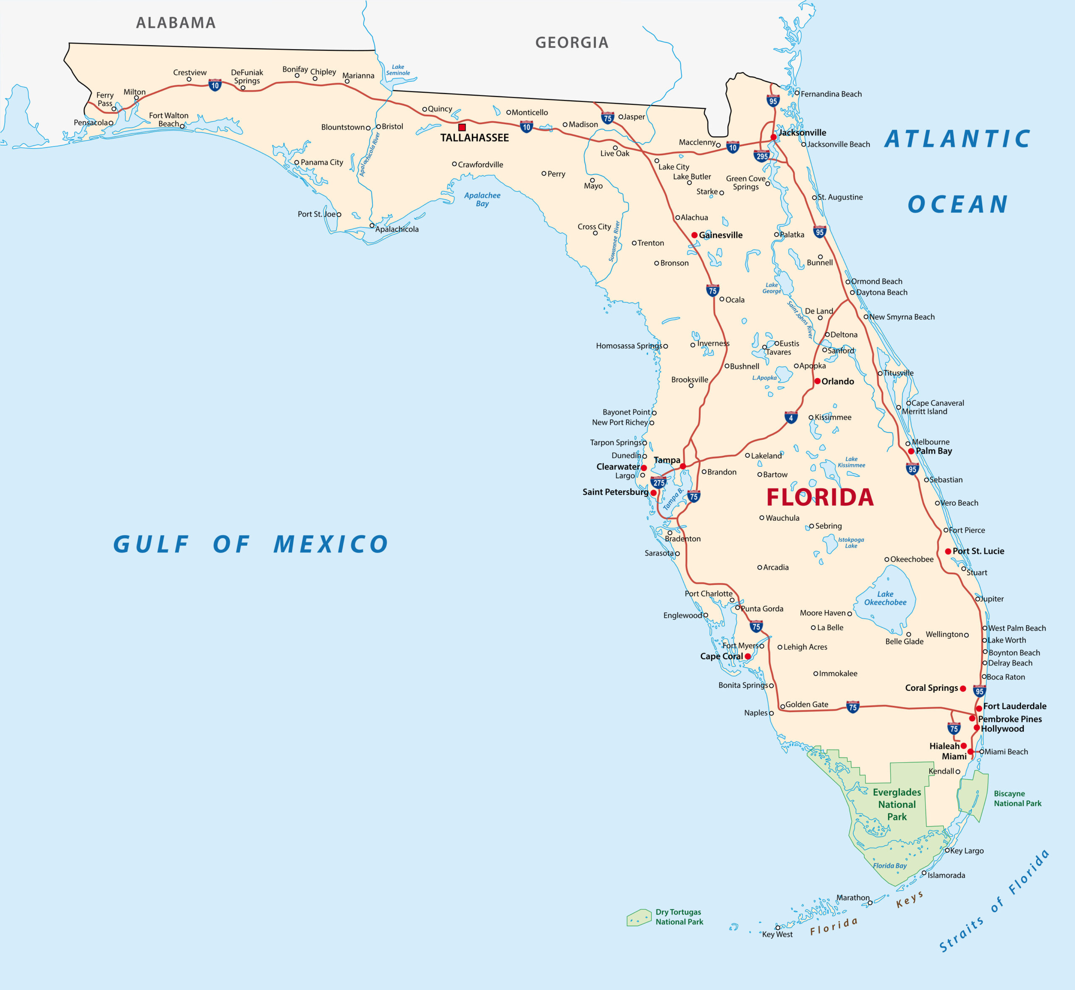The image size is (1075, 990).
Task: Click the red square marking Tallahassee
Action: pos(462,128)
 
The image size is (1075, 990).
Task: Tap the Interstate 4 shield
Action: pos(790,417)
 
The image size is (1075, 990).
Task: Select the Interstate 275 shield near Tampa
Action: pos(658,482)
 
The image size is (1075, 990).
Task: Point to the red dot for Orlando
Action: pos(817,381)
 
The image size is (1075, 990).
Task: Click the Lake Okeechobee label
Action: pos(885,598)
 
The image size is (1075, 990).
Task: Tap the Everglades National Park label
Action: pos(897,804)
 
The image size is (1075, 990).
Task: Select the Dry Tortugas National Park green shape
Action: pos(639,918)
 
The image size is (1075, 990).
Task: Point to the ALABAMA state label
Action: pos(176,23)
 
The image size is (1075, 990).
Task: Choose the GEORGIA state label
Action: pos(572,43)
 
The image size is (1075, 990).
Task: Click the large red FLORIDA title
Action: pos(820,498)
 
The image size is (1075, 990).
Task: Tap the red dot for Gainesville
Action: pos(694,235)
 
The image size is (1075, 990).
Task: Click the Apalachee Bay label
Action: pos(482,199)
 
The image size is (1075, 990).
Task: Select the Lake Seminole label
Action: pos(398,70)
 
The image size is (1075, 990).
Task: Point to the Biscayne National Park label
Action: pos(1017,798)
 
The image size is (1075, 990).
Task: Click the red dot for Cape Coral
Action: pos(747,656)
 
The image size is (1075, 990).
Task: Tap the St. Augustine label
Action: pos(840,197)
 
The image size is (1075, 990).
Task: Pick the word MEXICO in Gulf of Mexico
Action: pos(330,544)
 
